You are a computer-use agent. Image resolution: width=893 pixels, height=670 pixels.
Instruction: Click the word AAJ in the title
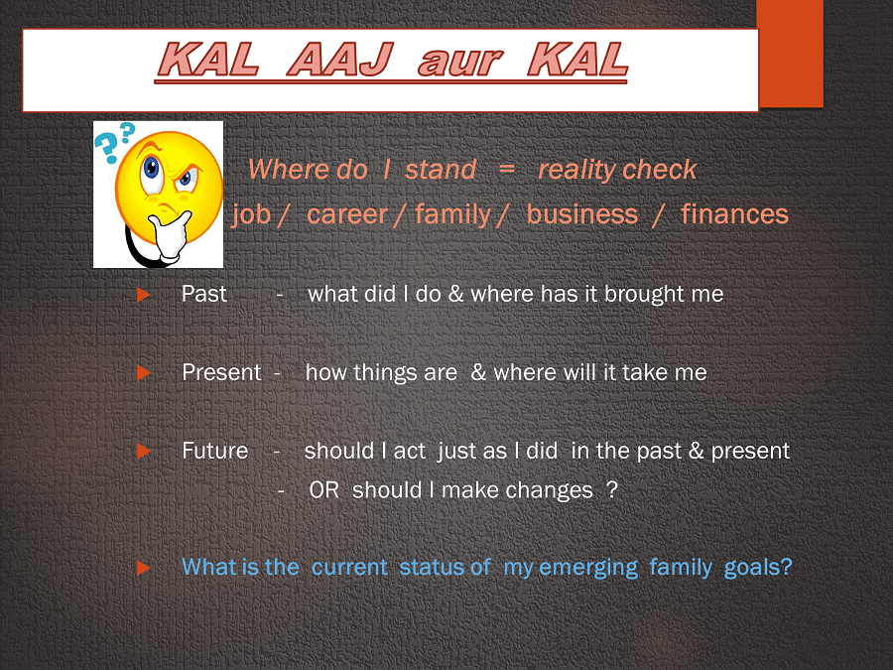339,60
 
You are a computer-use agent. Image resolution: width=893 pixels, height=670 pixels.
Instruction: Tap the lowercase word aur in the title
460,63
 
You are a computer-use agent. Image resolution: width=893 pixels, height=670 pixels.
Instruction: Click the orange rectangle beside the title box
790,54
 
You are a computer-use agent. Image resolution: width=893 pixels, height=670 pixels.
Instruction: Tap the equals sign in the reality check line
506,169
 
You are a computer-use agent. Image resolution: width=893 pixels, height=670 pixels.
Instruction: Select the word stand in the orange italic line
441,169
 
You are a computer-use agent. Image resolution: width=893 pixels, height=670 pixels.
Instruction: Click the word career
347,214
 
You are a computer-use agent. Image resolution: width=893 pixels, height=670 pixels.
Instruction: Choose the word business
582,213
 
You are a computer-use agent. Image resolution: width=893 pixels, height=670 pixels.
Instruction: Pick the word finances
734,213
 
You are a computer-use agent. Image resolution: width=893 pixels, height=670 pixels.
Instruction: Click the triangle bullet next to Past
144,295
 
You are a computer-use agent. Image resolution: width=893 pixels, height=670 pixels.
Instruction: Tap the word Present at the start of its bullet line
221,372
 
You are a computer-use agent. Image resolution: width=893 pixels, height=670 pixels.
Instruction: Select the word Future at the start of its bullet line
214,451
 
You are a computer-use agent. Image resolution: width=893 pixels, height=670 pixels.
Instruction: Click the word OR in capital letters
323,490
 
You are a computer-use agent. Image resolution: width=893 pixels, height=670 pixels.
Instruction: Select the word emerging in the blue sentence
587,568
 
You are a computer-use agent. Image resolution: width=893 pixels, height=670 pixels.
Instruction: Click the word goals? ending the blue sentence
758,568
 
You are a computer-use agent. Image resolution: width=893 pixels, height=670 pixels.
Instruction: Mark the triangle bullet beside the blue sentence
144,568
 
